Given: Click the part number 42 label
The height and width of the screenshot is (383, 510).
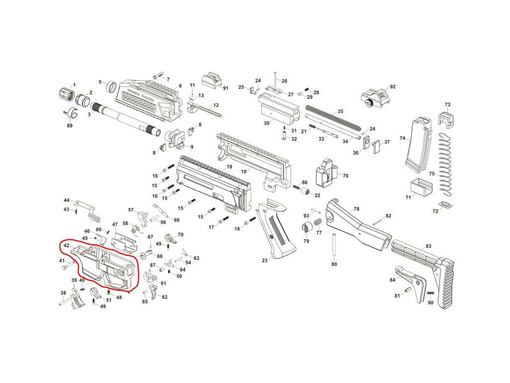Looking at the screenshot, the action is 66,245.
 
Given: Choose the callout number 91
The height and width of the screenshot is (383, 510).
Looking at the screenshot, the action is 226,88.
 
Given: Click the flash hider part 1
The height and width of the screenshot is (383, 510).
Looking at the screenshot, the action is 64,93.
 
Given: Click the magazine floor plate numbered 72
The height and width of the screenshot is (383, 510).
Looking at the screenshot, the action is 445,205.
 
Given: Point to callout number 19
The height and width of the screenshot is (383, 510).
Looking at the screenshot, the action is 230,167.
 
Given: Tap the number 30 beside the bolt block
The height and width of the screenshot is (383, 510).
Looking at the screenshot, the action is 266,123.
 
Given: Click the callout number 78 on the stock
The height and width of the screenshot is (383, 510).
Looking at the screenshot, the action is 356,209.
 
